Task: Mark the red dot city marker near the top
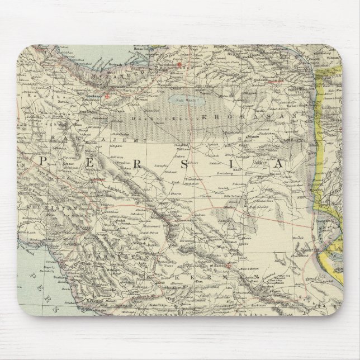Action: [x=179, y=65]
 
